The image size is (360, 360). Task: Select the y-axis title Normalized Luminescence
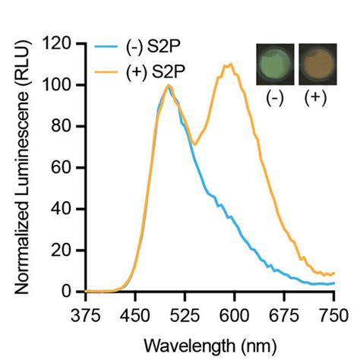(x=22, y=167)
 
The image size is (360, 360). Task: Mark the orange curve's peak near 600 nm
(x=228, y=65)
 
